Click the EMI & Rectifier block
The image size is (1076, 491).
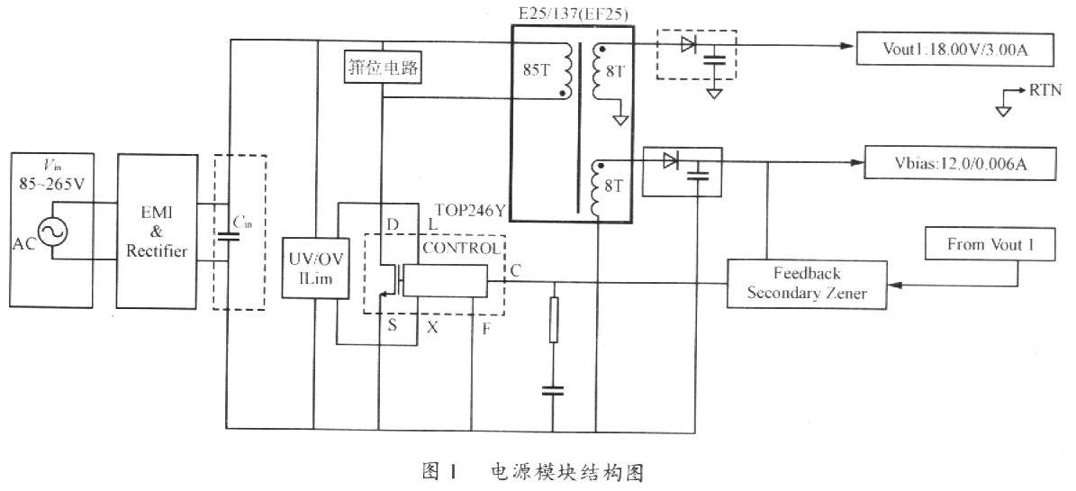pyautogui.click(x=157, y=231)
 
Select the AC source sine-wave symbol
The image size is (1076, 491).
pyautogui.click(x=52, y=232)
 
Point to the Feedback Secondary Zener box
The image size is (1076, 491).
pyautogui.click(x=806, y=284)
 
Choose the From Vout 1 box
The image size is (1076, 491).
pyautogui.click(x=990, y=244)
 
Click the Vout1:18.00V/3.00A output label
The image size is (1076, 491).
pyautogui.click(x=954, y=49)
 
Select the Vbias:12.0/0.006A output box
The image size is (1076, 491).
pyautogui.click(x=959, y=163)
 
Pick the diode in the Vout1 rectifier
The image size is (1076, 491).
pyautogui.click(x=688, y=45)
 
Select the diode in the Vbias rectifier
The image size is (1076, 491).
pyautogui.click(x=671, y=161)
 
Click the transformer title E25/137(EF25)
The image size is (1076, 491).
pyautogui.click(x=573, y=14)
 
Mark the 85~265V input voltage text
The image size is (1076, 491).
pyautogui.click(x=51, y=185)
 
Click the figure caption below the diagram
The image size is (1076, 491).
pyautogui.click(x=534, y=472)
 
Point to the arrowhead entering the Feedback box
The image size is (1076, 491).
pyautogui.click(x=893, y=284)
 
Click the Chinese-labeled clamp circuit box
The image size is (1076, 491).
pyautogui.click(x=382, y=69)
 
